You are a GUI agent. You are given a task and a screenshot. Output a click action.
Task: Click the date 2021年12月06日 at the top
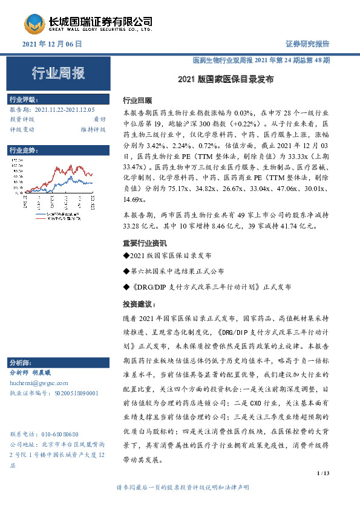click(51, 44)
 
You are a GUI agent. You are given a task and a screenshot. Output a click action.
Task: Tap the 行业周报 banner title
click(58, 74)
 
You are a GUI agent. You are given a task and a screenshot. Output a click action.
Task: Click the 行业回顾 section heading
click(137, 100)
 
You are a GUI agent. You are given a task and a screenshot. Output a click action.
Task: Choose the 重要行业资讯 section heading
click(145, 243)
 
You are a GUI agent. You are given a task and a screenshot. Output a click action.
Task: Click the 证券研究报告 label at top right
click(307, 44)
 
